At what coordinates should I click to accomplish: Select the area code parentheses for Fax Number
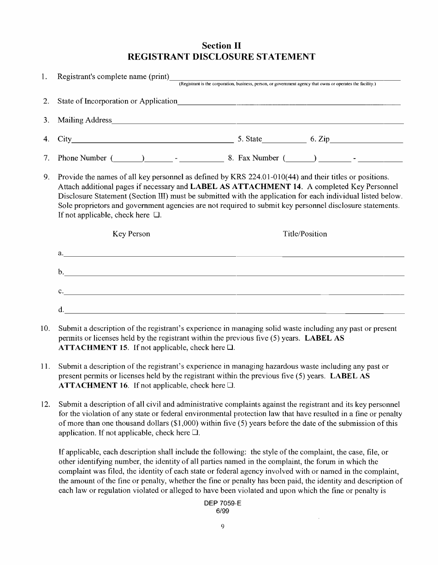pos(300,159)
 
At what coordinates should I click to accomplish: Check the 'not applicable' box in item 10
pos(231,347)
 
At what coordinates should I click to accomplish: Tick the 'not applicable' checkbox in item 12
pos(195,433)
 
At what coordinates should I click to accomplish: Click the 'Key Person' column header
pos(131,234)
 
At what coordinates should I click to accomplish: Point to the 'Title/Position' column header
pos(305,234)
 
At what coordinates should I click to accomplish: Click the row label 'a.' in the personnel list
pos(60,253)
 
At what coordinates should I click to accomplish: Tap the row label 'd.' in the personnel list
pos(61,310)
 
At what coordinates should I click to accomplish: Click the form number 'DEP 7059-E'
pos(223,504)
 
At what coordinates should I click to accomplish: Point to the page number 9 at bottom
pos(222,529)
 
